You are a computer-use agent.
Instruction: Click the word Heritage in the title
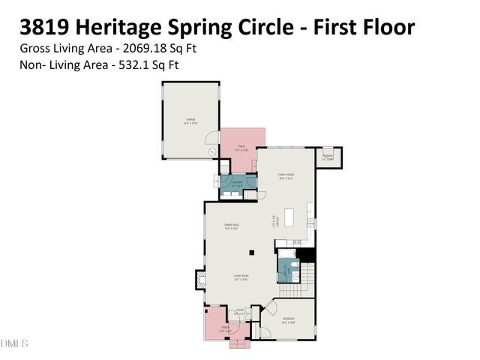(x=127, y=28)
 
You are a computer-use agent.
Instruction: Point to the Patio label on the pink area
(x=241, y=148)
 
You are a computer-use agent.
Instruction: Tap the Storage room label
(x=328, y=157)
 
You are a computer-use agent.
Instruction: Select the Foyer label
(x=240, y=311)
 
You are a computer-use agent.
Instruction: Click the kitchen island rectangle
(x=308, y=218)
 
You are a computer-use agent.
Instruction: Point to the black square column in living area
(x=253, y=252)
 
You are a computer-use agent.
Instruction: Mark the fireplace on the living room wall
(x=200, y=279)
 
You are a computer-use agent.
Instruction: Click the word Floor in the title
(x=383, y=28)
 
